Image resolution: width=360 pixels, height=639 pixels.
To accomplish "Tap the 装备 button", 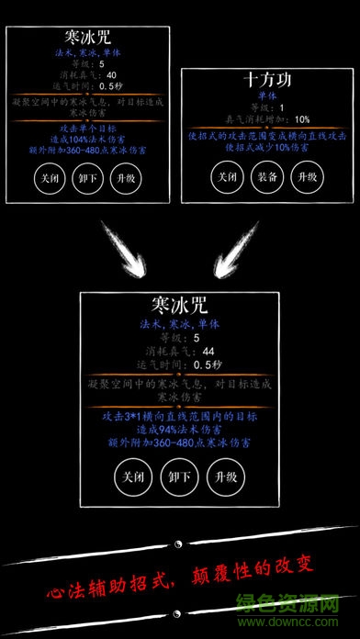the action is [264, 175].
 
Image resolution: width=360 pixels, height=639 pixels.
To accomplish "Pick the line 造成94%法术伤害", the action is [178, 430].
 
